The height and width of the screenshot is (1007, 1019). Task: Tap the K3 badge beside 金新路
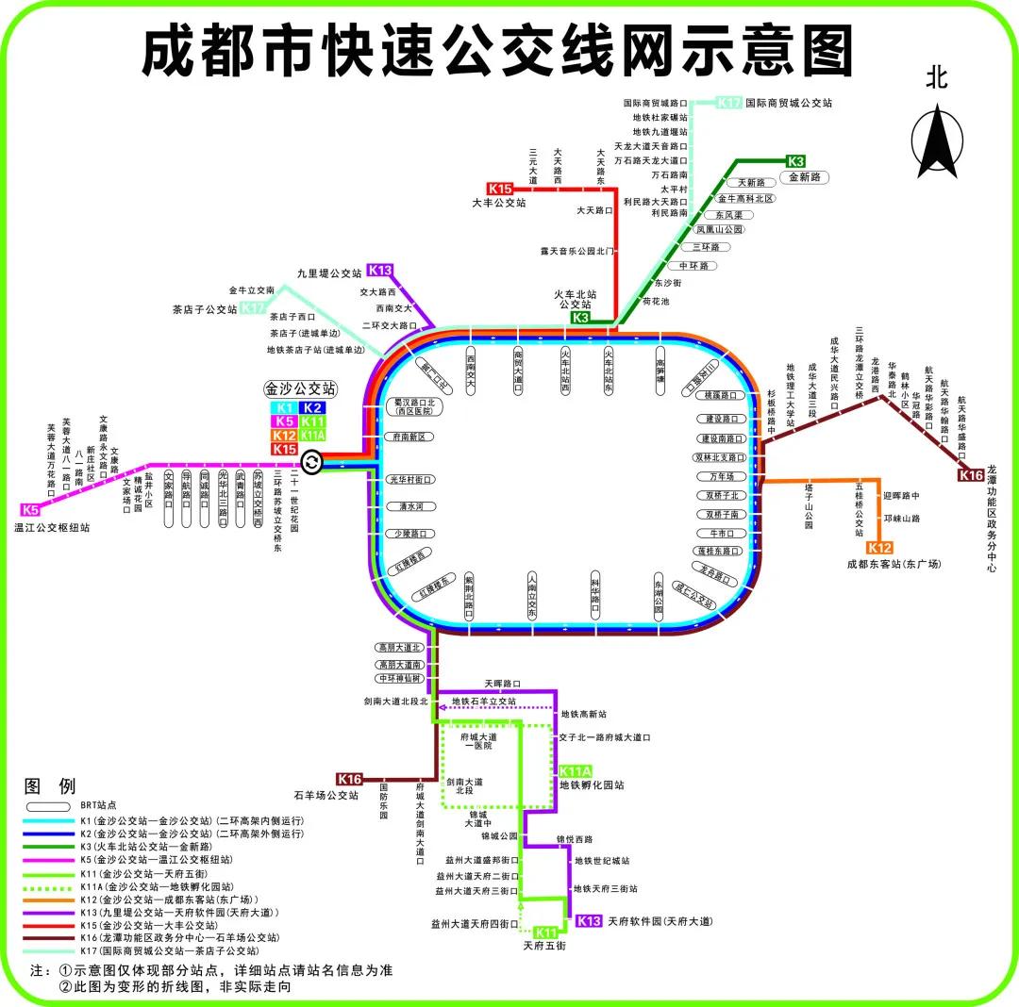click(795, 161)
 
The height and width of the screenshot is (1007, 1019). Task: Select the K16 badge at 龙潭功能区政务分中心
click(972, 475)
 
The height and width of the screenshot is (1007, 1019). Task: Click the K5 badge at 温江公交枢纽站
click(30, 510)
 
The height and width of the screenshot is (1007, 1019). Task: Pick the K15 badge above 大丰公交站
click(499, 189)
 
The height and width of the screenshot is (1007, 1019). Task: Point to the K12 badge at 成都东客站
click(879, 548)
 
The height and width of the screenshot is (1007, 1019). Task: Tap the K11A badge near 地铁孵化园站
click(575, 771)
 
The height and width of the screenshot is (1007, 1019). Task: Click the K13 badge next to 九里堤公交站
click(380, 271)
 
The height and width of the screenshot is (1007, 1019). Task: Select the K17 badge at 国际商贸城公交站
click(728, 102)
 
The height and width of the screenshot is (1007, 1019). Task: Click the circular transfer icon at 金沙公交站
click(311, 463)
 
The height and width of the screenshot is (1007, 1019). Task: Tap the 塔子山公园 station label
click(809, 507)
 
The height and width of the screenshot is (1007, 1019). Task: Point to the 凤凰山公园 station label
click(719, 229)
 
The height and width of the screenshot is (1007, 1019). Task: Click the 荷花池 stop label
click(655, 302)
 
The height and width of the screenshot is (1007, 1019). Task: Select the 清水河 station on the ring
click(410, 506)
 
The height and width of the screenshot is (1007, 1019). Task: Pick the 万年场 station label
click(722, 476)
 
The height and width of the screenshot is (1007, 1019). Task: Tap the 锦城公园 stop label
click(499, 835)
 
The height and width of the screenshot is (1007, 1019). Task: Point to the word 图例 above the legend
click(49, 786)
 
